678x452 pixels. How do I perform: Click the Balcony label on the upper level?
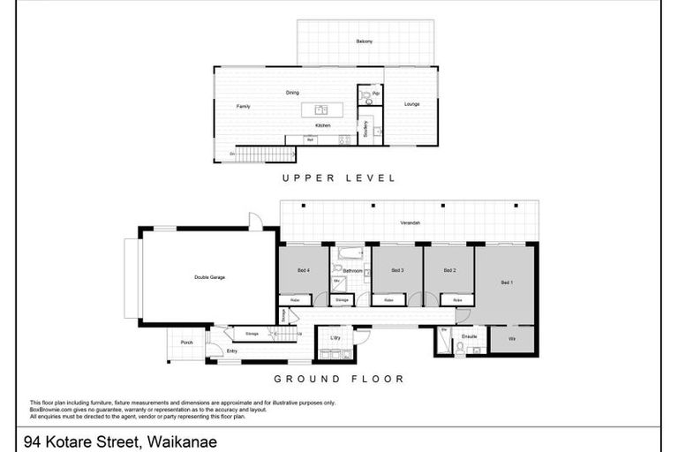click(x=364, y=41)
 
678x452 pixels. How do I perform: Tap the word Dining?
click(x=291, y=93)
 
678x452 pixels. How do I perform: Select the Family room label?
click(x=243, y=107)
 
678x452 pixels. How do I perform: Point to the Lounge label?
click(x=411, y=104)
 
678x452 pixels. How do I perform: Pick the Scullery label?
click(x=365, y=129)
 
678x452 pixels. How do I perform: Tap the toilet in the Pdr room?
click(x=368, y=102)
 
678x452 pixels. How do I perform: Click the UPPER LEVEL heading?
click(x=338, y=177)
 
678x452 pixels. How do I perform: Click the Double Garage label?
click(x=209, y=277)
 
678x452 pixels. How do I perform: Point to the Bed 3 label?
click(x=397, y=270)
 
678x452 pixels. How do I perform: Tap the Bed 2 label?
click(x=448, y=270)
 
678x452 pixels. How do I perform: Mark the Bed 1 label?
click(x=506, y=282)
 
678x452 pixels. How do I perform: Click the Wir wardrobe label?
click(x=512, y=338)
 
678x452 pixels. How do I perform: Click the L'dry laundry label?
click(x=335, y=338)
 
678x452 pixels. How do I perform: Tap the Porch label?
click(x=186, y=343)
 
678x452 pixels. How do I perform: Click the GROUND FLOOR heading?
click(x=338, y=379)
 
